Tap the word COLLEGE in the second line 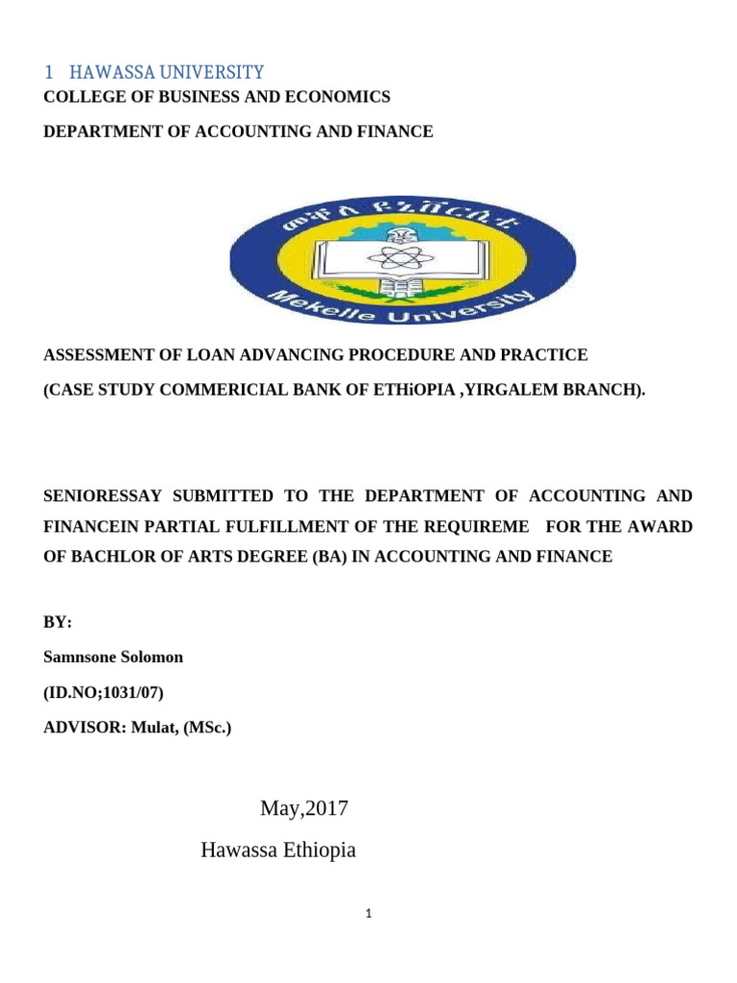point(80,97)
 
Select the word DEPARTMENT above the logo point(93,132)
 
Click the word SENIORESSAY point(101,495)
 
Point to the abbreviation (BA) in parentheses point(344,557)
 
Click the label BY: point(58,622)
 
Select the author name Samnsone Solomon point(113,657)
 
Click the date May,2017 point(304,809)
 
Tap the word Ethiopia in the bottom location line point(316,851)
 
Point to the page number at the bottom point(368,915)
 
